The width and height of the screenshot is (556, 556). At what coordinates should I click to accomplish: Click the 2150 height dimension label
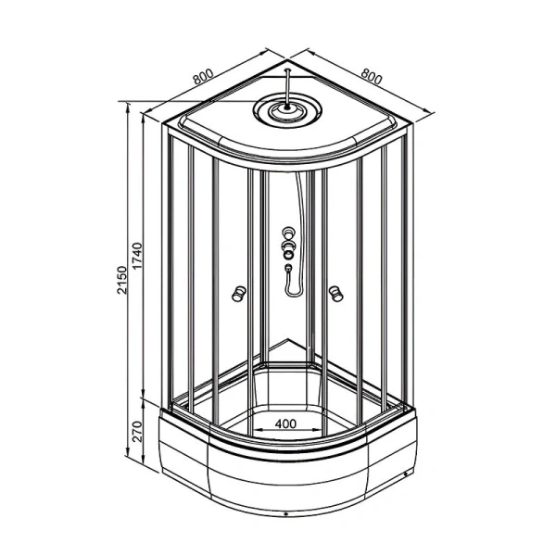coord(121,280)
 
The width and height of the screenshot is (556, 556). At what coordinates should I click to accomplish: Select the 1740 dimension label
coord(137,256)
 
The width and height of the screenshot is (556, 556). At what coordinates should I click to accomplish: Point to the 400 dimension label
coord(285,423)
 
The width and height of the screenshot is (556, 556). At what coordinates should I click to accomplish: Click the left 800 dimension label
coord(204,76)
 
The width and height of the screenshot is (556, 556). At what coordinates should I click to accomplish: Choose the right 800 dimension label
coord(372,76)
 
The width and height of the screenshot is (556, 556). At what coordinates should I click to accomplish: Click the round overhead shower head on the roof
coord(287,108)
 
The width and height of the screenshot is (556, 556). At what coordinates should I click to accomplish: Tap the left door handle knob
coord(238,294)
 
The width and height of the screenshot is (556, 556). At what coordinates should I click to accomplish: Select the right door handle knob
coord(335,294)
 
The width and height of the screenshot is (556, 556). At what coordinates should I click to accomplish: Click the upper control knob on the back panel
coord(288,233)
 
